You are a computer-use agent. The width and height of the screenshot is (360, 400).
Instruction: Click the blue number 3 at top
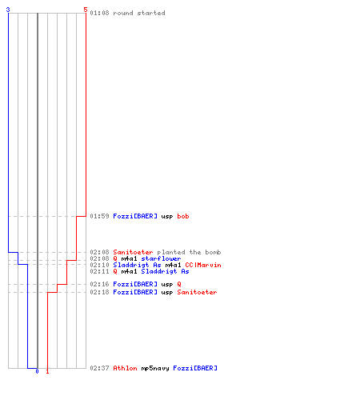(8, 10)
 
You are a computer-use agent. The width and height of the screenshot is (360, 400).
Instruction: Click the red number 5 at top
(86, 10)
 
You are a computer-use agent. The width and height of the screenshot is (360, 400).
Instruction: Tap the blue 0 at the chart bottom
(37, 371)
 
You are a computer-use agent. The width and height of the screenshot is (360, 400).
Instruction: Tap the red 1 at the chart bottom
(47, 371)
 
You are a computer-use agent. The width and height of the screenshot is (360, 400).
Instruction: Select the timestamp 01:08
(99, 13)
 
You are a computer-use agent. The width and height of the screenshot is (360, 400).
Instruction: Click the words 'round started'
(139, 13)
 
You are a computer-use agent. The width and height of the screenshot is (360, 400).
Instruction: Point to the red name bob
(183, 216)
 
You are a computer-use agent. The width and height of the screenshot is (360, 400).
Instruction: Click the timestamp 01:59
(99, 216)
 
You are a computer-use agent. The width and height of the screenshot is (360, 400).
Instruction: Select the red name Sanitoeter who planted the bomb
(133, 252)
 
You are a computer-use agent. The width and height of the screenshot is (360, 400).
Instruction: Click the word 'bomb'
(213, 252)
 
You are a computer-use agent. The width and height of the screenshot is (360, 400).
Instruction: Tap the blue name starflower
(161, 258)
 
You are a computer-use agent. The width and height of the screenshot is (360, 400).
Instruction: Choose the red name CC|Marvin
(203, 265)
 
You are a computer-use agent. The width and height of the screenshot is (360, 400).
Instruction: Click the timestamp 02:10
(99, 265)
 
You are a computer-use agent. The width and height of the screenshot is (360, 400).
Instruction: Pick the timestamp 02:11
(99, 271)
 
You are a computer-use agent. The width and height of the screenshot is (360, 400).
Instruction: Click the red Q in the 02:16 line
(179, 284)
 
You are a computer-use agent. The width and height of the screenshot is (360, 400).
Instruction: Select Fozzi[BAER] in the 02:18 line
(135, 292)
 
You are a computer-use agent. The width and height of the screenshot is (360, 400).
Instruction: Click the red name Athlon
(125, 368)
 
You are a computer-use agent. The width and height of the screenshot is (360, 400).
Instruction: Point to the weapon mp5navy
(155, 368)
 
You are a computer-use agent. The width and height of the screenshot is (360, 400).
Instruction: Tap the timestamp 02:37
(99, 368)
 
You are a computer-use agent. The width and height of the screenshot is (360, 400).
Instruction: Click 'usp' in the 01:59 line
(167, 216)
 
